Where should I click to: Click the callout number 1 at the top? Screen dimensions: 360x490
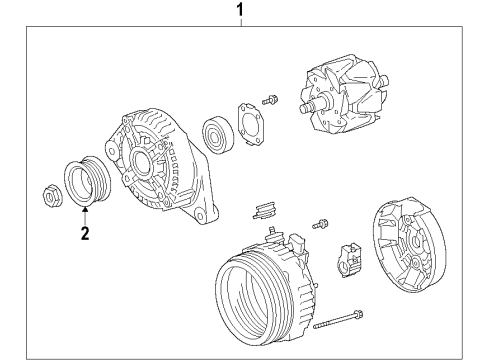(x=238, y=11)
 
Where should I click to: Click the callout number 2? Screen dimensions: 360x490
(x=85, y=234)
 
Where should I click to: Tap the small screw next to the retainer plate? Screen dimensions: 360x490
(x=269, y=101)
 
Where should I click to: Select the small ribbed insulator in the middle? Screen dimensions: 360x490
(x=264, y=210)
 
